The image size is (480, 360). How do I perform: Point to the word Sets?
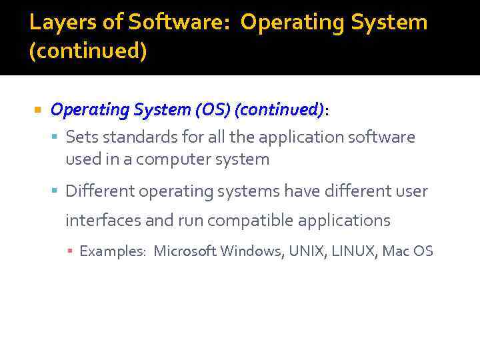pos(80,137)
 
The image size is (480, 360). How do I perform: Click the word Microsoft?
pos(185,251)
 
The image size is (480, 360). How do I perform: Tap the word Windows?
pos(251,251)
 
